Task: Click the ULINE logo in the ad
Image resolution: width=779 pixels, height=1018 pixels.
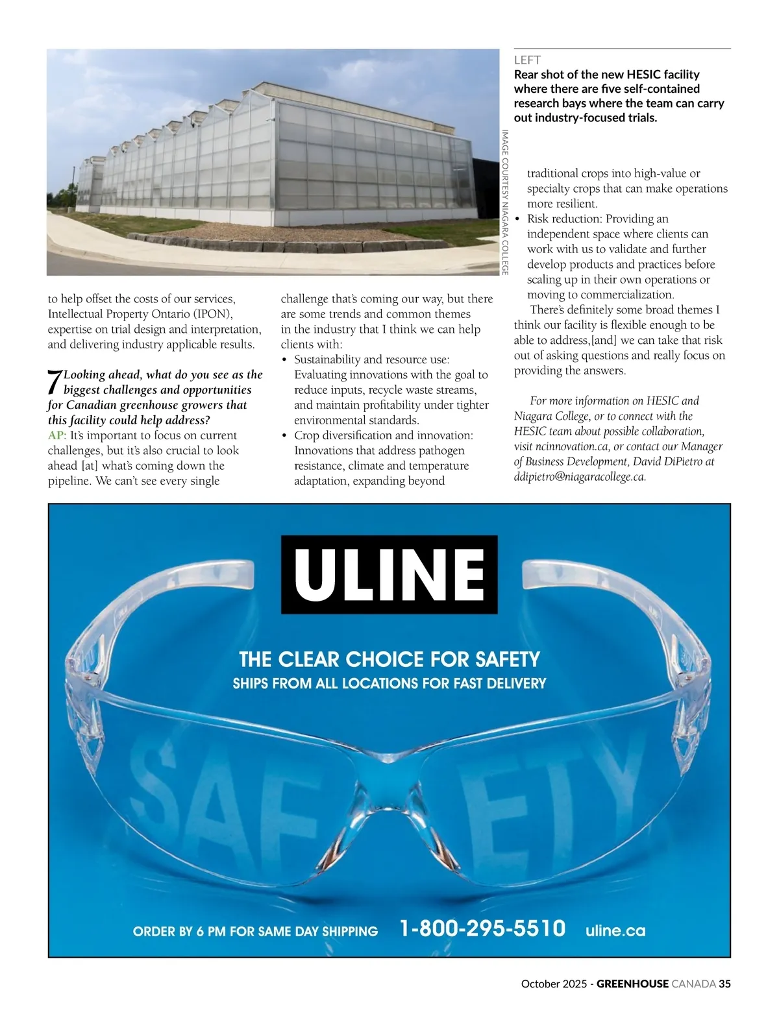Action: click(389, 574)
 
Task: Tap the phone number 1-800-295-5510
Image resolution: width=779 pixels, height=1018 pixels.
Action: click(482, 928)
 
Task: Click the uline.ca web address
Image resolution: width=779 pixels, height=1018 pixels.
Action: click(615, 930)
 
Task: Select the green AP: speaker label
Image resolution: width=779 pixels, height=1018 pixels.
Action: click(57, 435)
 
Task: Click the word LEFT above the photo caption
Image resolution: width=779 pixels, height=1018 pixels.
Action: click(527, 60)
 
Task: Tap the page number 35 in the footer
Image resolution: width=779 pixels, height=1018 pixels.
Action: click(724, 984)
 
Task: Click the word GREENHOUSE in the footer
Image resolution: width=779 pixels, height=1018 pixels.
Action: click(632, 984)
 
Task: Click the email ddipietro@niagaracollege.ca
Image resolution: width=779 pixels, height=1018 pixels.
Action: click(580, 477)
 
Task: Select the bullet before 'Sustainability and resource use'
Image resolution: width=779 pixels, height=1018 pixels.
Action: click(284, 360)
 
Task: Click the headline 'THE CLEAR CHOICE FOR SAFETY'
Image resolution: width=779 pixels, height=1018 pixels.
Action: click(389, 660)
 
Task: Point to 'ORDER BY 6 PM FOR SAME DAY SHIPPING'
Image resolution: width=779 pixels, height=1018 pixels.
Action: click(255, 932)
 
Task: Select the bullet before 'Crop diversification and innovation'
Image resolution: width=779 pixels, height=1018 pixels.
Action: click(284, 436)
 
